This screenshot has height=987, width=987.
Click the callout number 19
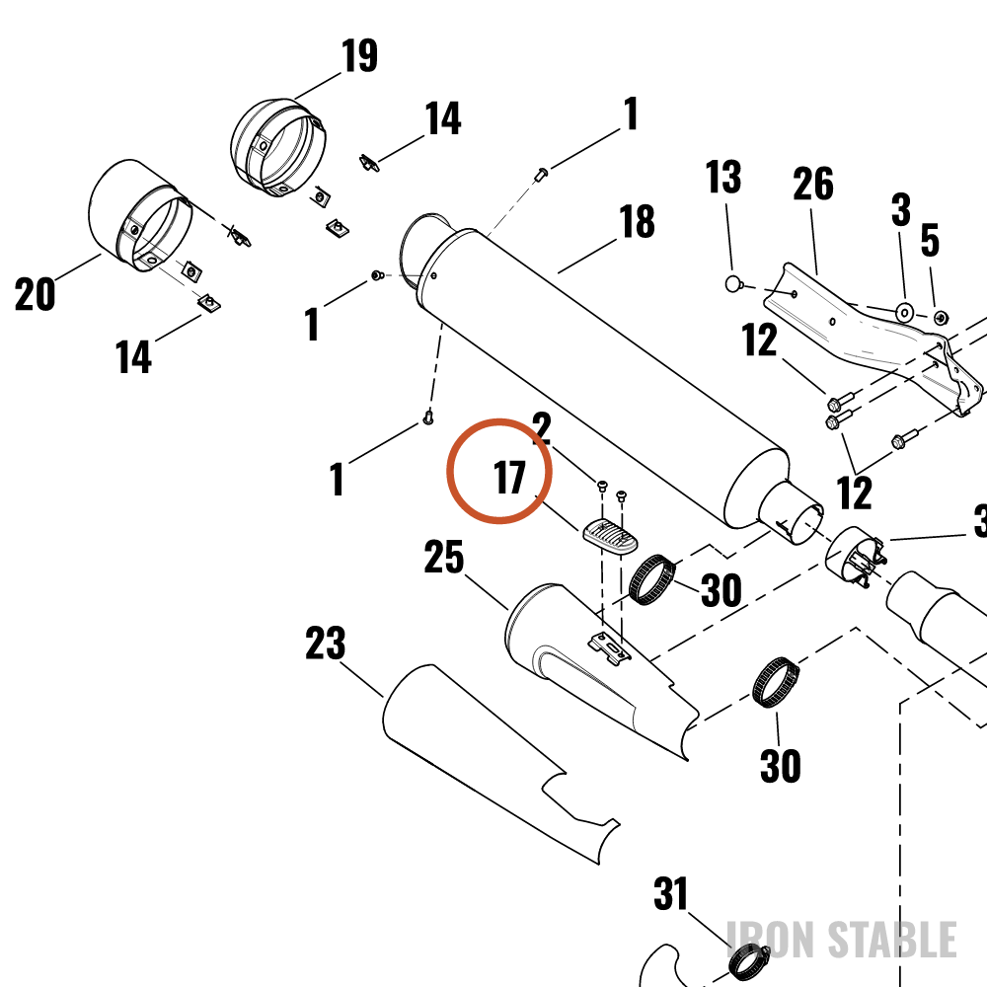tap(359, 55)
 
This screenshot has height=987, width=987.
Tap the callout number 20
tap(35, 294)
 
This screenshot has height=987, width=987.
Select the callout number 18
tap(637, 221)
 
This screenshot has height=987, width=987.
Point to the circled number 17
tap(509, 477)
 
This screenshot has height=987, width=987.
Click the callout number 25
tap(444, 557)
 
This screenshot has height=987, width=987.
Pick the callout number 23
tap(326, 643)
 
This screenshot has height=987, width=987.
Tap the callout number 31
tap(670, 894)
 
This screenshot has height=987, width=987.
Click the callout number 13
tap(722, 177)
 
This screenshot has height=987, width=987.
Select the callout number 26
tap(812, 184)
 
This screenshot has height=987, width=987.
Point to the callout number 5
tap(930, 240)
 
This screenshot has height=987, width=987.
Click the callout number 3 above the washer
tap(901, 209)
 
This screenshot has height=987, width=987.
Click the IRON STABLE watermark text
tap(842, 940)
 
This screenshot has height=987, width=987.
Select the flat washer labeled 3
tap(905, 312)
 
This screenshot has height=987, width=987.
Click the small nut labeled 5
tap(942, 317)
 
